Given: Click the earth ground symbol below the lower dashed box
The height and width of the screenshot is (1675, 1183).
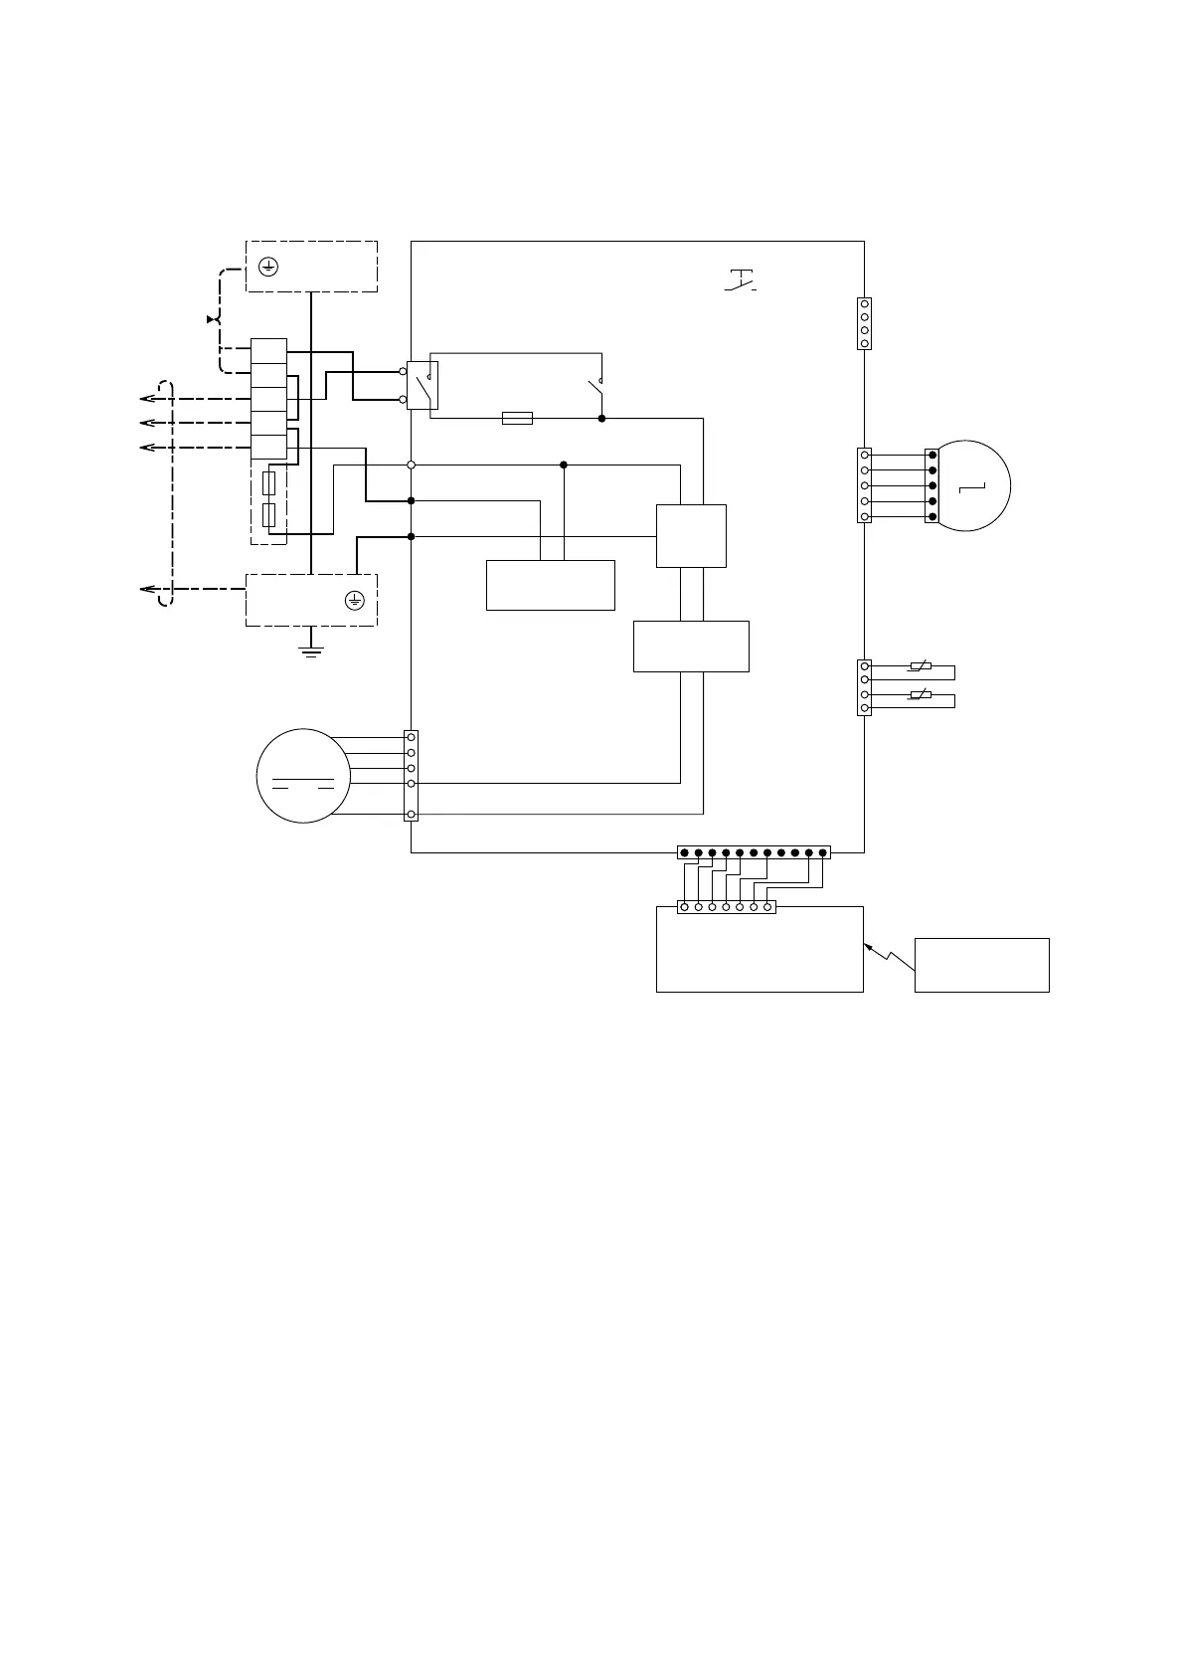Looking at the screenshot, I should click(312, 652).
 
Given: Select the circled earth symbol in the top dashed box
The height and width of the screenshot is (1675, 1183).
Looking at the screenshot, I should click(267, 266).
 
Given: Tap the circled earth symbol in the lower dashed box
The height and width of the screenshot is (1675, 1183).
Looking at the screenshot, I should click(355, 600).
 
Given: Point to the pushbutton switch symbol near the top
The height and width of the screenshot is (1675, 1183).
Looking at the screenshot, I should click(741, 281).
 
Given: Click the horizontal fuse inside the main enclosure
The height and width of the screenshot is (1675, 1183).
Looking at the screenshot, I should click(517, 419).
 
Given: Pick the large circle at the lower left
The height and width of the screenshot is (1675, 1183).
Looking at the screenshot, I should click(304, 776).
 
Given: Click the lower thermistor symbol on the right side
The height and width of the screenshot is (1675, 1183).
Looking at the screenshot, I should click(921, 694).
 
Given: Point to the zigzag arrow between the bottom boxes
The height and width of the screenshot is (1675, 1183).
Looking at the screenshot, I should click(890, 959).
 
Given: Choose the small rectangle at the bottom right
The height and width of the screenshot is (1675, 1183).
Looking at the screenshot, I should click(981, 964).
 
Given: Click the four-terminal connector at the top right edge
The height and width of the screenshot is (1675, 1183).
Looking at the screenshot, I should click(864, 323).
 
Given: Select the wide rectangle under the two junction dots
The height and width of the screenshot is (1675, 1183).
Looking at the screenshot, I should click(550, 585).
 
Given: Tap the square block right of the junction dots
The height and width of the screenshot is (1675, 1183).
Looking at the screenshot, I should click(691, 536).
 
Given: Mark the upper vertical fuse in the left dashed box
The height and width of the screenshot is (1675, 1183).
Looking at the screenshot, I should click(268, 484).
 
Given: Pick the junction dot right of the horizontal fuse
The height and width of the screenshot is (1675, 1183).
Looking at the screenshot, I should click(601, 419).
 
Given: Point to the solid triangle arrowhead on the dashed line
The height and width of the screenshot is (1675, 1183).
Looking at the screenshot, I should click(211, 319).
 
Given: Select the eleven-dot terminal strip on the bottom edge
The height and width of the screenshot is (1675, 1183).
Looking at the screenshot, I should click(754, 852).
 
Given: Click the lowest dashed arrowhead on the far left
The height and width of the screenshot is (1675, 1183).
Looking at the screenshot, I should click(147, 590).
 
